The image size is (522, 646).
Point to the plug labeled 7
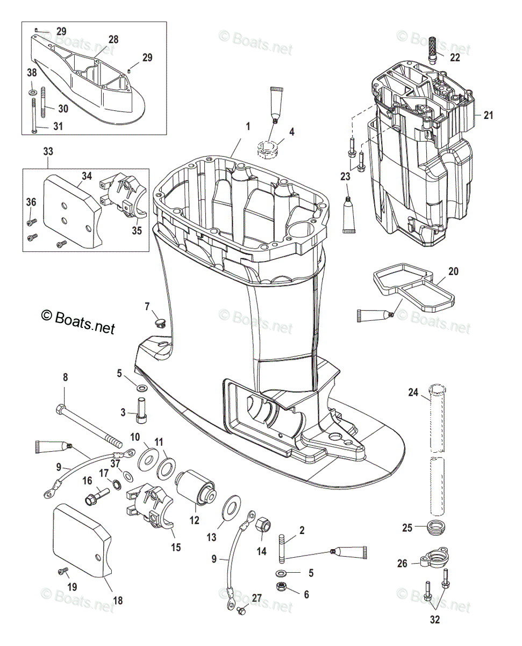(x=160, y=322)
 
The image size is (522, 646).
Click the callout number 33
(x=48, y=152)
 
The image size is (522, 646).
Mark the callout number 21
(x=488, y=115)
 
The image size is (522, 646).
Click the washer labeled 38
(x=33, y=93)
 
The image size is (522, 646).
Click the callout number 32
(x=435, y=620)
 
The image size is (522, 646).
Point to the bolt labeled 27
(x=240, y=611)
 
